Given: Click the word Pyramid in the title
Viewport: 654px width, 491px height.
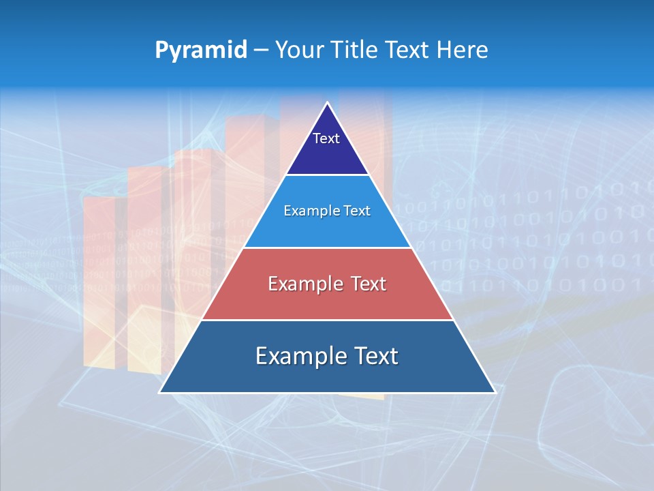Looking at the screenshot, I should [201, 50].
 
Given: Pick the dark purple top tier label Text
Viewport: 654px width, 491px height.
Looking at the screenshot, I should [326, 138].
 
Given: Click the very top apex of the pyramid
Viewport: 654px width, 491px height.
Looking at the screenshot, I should [327, 103].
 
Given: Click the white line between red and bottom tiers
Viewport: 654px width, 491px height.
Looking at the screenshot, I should [327, 320].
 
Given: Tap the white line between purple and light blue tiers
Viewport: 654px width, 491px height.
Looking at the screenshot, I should [327, 175].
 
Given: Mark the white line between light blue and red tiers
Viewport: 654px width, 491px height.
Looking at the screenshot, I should [327, 248].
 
